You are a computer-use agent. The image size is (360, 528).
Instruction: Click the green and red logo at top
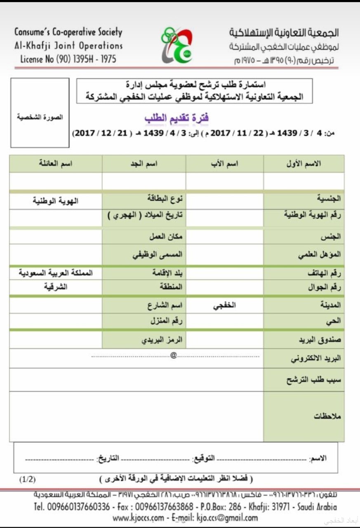[x=176, y=46]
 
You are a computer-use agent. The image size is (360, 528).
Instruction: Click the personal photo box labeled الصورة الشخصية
[x=40, y=113]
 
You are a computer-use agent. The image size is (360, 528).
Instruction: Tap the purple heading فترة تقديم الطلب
[x=176, y=118]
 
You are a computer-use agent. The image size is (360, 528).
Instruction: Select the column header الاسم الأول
[x=304, y=164]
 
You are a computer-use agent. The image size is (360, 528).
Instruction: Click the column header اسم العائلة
[x=56, y=164]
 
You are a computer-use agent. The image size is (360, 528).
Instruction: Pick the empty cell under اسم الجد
[x=144, y=181]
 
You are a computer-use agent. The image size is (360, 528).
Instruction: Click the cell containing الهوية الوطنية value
[x=56, y=201]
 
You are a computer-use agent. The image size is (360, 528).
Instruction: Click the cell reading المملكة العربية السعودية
[x=56, y=273]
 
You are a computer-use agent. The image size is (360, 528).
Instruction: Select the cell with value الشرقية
[x=56, y=288]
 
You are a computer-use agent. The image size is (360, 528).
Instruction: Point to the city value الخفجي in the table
[x=225, y=306]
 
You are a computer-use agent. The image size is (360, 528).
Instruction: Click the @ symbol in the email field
[x=173, y=355]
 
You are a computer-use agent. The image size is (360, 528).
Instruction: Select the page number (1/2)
[x=27, y=479]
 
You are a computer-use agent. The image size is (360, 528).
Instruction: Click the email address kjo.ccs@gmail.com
[x=228, y=518]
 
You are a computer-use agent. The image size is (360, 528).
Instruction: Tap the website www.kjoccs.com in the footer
[x=138, y=518]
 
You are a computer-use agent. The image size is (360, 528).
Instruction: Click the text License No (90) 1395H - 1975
[x=68, y=59]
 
